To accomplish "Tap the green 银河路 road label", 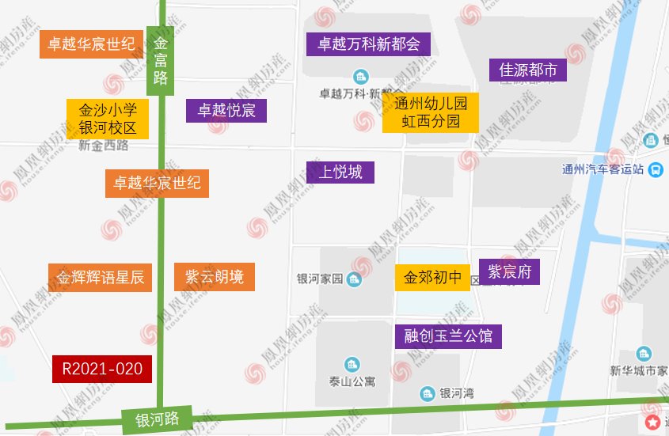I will click(158, 419).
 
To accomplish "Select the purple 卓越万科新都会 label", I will click(368, 43).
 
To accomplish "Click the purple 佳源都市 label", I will click(528, 70).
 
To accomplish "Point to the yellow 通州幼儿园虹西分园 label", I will click(431, 112).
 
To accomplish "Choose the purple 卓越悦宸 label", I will click(226, 110).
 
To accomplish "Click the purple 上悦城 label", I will click(340, 172).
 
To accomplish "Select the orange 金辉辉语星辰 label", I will click(100, 278).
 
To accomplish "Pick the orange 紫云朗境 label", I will click(215, 277).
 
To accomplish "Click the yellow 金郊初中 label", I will click(432, 278).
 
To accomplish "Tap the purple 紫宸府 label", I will click(509, 272).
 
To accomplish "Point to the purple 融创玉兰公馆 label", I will click(448, 336).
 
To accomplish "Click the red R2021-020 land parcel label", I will click(102, 369).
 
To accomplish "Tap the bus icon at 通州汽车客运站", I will click(656, 169).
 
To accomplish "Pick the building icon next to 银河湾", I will click(428, 393).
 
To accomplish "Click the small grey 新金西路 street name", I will click(104, 146).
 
